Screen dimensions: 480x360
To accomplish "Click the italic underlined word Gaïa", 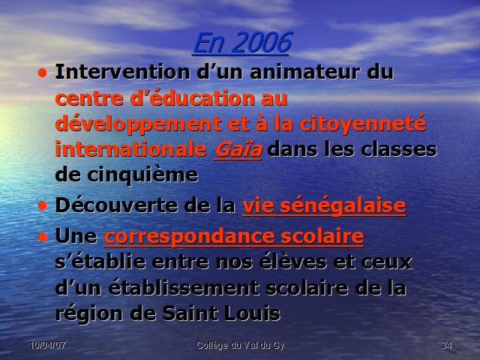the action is (x=238, y=149).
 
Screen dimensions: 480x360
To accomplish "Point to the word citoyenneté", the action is (x=363, y=124).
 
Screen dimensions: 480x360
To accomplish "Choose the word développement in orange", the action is (x=138, y=124).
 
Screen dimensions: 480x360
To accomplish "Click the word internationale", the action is (x=131, y=149).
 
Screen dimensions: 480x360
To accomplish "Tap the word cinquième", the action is (x=142, y=175).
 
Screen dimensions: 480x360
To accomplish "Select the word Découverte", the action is (x=116, y=205).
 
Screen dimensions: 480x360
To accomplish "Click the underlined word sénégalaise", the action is (x=343, y=205).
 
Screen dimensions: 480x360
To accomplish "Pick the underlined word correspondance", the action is (x=189, y=237).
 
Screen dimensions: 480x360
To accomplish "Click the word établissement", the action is (x=184, y=288).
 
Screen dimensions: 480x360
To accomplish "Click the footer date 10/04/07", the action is (x=48, y=345).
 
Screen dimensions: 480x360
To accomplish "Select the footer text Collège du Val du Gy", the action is (x=240, y=346).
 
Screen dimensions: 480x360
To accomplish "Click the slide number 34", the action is (x=447, y=345).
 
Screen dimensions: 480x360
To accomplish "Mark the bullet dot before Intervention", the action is (x=43, y=73).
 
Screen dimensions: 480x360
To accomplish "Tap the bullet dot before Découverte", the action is (x=43, y=206).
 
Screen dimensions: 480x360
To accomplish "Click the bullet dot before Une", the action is (x=43, y=237).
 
